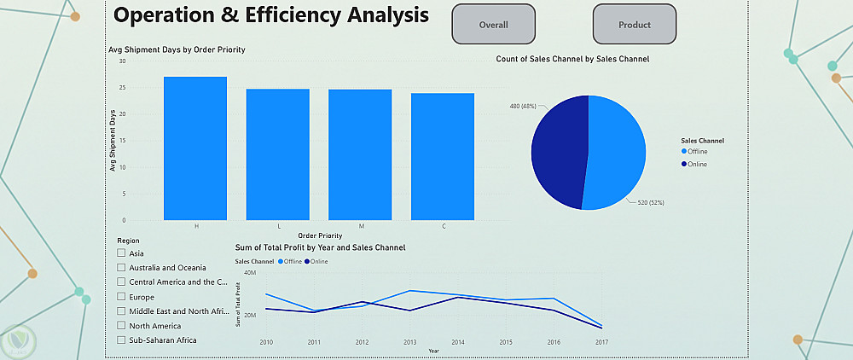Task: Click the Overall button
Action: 493,25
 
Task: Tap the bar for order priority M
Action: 360,154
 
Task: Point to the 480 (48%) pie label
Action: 522,106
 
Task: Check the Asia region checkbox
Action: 121,253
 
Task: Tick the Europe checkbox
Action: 121,296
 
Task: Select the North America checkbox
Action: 121,325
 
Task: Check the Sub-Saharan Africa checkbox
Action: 121,340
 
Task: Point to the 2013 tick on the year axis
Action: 409,342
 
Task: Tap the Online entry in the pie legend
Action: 696,164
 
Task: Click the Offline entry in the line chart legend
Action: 287,261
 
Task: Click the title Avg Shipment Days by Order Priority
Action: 177,49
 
